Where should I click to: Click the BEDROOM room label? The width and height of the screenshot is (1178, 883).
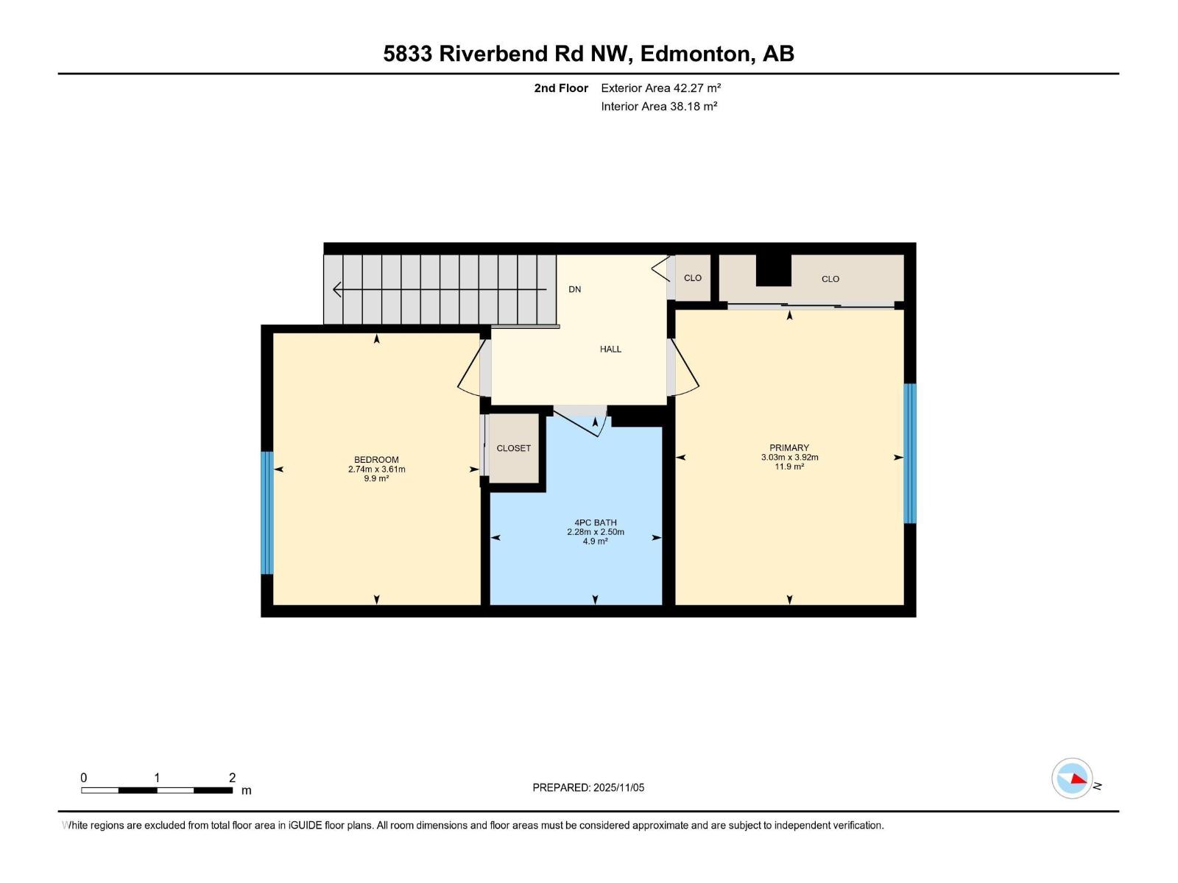(376, 460)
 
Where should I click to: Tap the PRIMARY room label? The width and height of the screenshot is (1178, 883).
(789, 447)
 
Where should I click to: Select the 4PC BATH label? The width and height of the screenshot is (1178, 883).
(595, 522)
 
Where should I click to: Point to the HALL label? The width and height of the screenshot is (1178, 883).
(610, 350)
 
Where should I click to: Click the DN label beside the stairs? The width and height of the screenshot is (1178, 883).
(575, 289)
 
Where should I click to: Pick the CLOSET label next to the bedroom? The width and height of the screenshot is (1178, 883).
(513, 448)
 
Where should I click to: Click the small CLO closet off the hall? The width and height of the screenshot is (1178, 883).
(692, 278)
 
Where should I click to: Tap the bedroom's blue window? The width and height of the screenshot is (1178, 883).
(267, 513)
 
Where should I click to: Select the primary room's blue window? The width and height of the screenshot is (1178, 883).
(910, 453)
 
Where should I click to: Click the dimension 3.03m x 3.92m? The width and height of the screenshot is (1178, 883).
(789, 457)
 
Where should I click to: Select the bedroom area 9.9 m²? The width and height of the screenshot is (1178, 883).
(376, 478)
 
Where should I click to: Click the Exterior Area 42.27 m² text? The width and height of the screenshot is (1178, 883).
(660, 88)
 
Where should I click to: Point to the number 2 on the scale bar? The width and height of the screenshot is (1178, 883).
(232, 778)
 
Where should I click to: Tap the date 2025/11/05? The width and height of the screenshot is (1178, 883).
(618, 787)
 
